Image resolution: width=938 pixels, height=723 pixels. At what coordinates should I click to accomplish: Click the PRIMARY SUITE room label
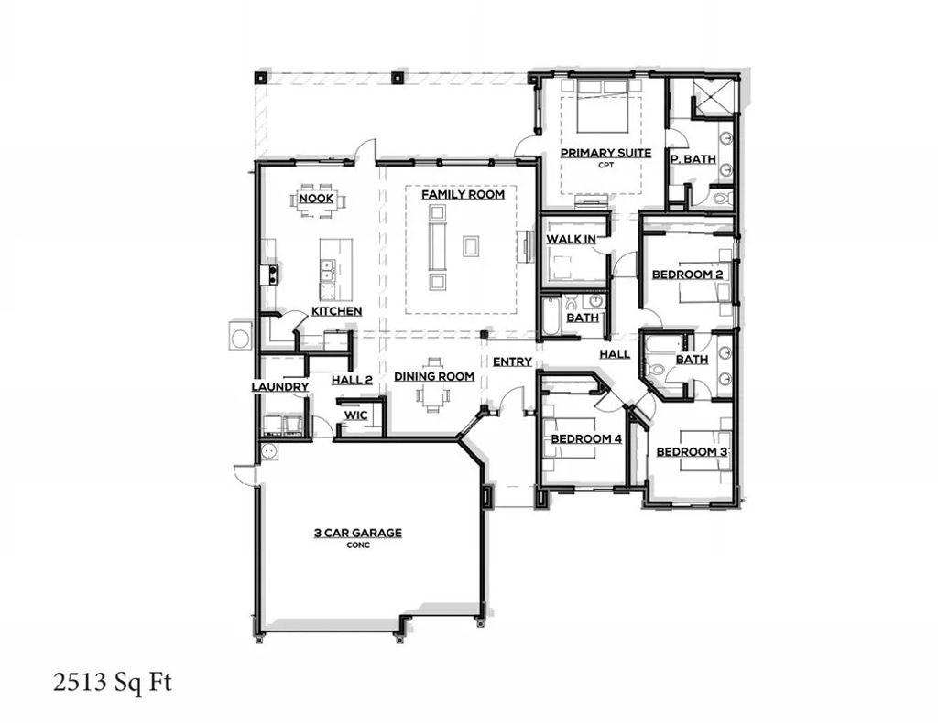605,153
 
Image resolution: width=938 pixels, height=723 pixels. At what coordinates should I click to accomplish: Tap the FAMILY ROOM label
463,194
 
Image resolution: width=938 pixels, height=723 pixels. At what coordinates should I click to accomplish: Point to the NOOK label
315,199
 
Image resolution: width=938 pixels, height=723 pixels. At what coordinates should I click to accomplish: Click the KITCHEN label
336,311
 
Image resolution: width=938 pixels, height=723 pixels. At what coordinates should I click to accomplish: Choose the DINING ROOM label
434,376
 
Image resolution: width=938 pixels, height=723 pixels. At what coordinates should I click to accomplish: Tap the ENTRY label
512,361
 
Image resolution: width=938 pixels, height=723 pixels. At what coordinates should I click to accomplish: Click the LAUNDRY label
280,387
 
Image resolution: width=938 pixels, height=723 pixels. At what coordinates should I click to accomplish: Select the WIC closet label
355,415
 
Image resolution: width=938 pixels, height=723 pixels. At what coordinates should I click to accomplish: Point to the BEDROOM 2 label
688,275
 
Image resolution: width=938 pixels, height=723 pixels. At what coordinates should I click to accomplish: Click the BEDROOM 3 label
692,452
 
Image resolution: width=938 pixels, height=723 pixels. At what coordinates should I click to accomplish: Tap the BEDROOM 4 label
586,439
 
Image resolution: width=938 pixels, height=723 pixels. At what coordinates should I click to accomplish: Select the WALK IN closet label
572,239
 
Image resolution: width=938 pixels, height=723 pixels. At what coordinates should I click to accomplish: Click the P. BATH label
693,158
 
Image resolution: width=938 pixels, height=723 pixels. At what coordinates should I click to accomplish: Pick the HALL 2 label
352,379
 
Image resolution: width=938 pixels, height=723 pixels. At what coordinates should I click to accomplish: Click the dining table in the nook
317,203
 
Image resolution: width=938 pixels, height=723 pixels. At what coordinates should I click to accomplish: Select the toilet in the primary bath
720,197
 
